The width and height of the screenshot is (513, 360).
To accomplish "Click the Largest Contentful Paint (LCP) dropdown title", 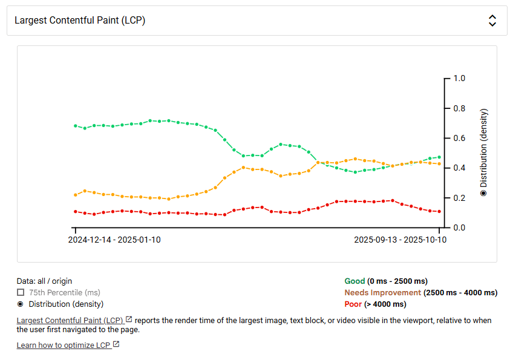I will click(x=80, y=21).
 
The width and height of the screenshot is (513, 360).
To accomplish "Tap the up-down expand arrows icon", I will click(x=492, y=21).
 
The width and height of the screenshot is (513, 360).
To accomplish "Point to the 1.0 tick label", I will click(x=459, y=79).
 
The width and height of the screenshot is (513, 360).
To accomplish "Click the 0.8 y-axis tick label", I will click(x=459, y=109).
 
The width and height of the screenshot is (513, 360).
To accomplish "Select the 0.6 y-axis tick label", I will click(x=459, y=139).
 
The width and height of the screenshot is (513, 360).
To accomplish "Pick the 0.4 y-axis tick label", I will click(x=459, y=168).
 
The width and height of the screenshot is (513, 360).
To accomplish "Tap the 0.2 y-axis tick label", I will click(x=459, y=198).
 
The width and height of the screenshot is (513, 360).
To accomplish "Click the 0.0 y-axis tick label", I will click(x=459, y=228).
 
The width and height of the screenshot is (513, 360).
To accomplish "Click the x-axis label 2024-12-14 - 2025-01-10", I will click(x=114, y=240).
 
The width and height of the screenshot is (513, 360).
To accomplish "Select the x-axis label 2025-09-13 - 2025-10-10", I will click(x=400, y=240).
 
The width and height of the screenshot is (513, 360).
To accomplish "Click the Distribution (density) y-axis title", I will click(x=483, y=152).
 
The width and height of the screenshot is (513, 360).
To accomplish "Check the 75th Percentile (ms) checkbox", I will click(x=21, y=293).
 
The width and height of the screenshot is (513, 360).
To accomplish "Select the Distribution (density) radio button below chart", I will click(x=21, y=304).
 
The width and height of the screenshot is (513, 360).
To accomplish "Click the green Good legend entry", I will click(x=355, y=281).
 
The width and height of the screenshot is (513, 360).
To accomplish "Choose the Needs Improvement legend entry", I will click(x=382, y=293).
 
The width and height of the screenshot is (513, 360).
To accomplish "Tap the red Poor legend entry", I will click(x=353, y=304).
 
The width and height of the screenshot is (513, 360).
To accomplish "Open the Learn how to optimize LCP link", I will click(x=64, y=345).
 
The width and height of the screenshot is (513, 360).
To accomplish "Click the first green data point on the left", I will click(x=76, y=126).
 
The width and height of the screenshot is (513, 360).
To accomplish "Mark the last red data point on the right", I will click(x=440, y=212).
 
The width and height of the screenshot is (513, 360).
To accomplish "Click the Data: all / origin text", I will click(x=44, y=281).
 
